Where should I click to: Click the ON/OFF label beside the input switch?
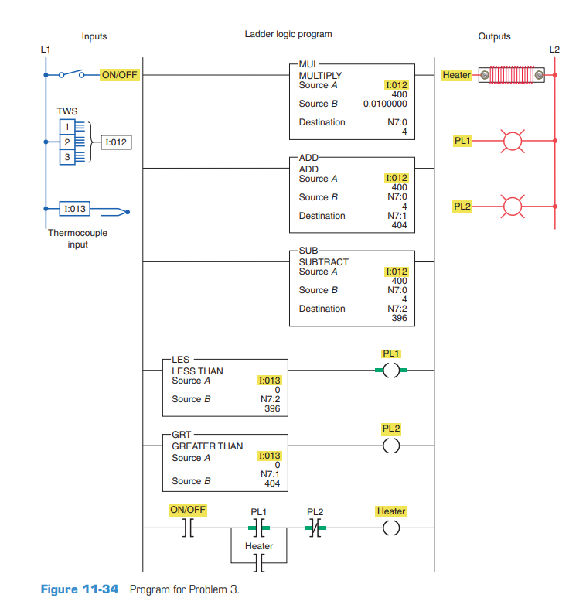tap(120, 75)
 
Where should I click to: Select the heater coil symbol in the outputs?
tap(511, 75)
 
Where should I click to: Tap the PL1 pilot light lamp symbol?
tap(511, 141)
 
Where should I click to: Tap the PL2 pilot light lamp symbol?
tap(511, 207)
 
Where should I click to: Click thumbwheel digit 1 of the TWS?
tap(67, 126)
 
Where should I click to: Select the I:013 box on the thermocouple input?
tap(75, 209)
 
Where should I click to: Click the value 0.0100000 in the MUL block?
tap(385, 104)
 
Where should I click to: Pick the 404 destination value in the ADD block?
tap(399, 225)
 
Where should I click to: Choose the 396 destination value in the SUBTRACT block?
tap(399, 318)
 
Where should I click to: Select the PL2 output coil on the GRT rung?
tap(391, 446)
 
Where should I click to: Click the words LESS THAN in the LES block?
tap(197, 371)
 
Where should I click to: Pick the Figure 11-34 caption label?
tap(80, 589)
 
